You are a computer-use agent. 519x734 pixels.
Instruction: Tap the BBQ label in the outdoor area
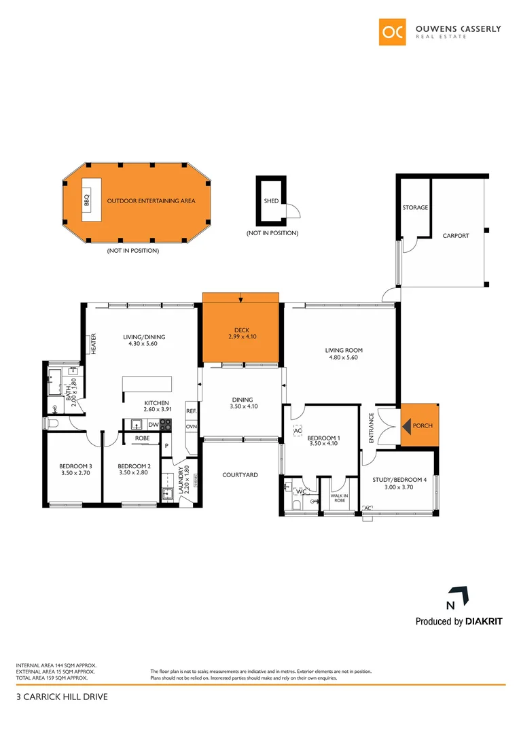pyautogui.click(x=87, y=201)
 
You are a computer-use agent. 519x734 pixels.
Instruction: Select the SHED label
pyautogui.click(x=271, y=201)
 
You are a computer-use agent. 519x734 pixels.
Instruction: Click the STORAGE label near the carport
pyautogui.click(x=415, y=207)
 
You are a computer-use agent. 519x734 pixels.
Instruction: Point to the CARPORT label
pyautogui.click(x=456, y=236)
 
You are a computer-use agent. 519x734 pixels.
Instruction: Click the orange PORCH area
pyautogui.click(x=422, y=426)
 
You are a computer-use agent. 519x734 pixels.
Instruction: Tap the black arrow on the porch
pyautogui.click(x=407, y=426)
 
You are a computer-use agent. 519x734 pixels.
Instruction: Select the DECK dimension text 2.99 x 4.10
pyautogui.click(x=241, y=336)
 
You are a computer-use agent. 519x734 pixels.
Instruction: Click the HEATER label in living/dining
pyautogui.click(x=94, y=343)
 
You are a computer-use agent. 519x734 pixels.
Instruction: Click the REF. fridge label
pyautogui.click(x=191, y=411)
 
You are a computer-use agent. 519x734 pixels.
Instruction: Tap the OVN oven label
pyautogui.click(x=191, y=427)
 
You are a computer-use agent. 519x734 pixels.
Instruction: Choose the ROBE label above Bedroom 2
pyautogui.click(x=142, y=438)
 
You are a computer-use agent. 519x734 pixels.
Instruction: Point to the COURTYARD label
pyautogui.click(x=240, y=475)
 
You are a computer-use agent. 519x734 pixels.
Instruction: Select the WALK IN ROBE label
pyautogui.click(x=339, y=497)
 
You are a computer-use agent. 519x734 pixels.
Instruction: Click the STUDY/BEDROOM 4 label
pyautogui.click(x=399, y=480)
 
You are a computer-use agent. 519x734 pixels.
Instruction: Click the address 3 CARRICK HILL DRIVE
pyautogui.click(x=62, y=697)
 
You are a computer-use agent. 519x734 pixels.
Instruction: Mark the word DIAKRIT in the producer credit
pyautogui.click(x=484, y=621)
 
